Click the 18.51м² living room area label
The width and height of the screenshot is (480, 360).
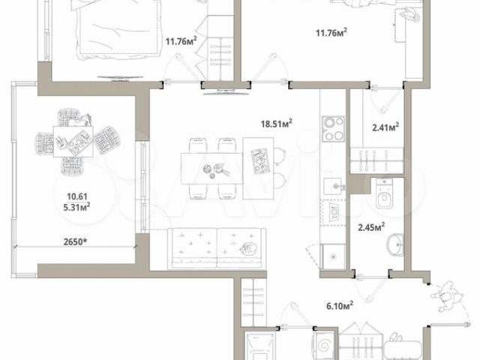[276, 123]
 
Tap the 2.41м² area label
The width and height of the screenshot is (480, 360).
[385, 127]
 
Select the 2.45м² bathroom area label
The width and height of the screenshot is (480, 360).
[371, 227]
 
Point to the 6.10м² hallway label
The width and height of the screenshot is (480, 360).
[340, 305]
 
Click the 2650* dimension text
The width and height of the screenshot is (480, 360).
[75, 241]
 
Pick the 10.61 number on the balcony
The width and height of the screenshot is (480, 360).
[77, 196]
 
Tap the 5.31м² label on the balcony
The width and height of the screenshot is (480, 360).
[76, 208]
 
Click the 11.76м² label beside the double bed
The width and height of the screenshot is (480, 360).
[181, 41]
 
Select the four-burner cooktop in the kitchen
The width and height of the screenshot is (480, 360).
[333, 129]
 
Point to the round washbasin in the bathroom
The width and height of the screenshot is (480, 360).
[395, 245]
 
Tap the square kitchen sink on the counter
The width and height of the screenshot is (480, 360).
[333, 186]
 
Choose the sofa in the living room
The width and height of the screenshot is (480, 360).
[217, 248]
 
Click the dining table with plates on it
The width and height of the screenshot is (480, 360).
[211, 169]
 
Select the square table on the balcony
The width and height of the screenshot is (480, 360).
[73, 142]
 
